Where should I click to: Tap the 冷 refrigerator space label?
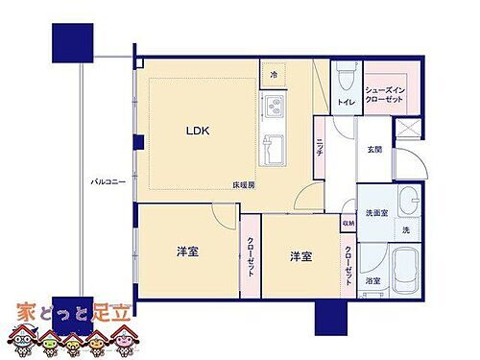click(274, 75)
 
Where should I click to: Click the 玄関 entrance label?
click(376, 149)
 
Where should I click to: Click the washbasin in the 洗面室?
click(407, 203)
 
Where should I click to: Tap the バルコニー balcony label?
click(106, 180)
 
